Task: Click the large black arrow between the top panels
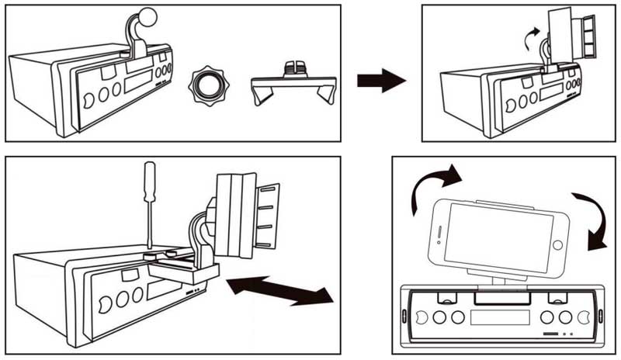pos(381,79)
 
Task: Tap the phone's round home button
pos(557,247)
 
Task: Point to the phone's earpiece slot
pos(439,233)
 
